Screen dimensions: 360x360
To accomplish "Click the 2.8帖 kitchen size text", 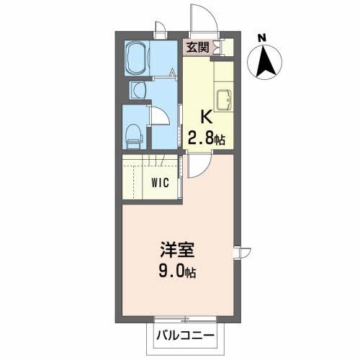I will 207,138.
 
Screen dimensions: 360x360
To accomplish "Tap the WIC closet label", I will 160,182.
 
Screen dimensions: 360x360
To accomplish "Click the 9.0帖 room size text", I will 178,273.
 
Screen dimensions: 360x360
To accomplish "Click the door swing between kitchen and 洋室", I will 196,165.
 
